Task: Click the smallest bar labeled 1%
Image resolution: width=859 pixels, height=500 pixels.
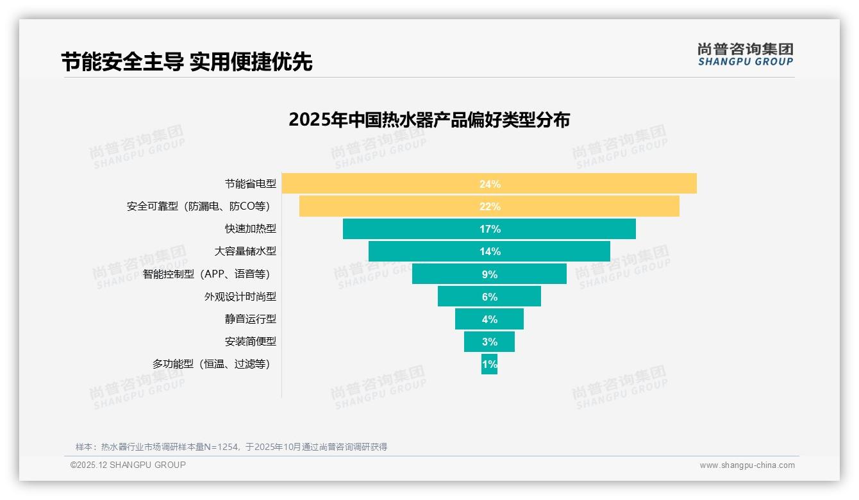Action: point(489,364)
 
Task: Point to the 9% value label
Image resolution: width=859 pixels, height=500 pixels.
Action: point(489,274)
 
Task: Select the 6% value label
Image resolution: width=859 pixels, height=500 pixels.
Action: point(489,297)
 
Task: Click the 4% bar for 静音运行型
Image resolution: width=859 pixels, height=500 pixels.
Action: point(489,319)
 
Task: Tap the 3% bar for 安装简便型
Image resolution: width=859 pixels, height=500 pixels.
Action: point(489,342)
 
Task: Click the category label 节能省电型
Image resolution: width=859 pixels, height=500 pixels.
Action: point(250,184)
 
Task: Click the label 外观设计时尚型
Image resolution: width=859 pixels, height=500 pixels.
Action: point(240,297)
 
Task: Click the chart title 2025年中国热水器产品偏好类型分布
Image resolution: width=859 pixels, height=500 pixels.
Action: point(429,120)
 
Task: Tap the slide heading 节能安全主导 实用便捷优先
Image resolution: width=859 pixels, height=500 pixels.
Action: point(187,62)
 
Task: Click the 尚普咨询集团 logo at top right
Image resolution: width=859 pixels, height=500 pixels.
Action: point(745,54)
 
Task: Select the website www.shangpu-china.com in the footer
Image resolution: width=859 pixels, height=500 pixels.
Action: point(747,465)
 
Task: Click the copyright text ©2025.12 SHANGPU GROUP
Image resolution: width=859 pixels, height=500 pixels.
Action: point(128,465)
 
